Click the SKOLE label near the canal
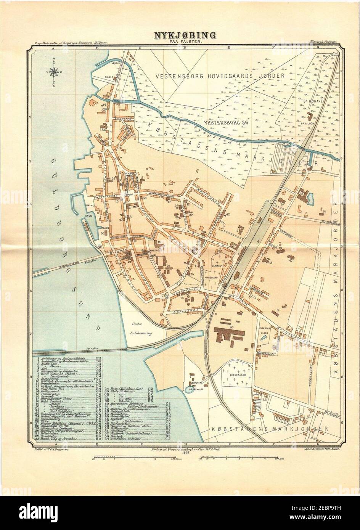click(x=109, y=77)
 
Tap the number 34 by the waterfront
click(x=103, y=104)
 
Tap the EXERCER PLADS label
click(x=265, y=330)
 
